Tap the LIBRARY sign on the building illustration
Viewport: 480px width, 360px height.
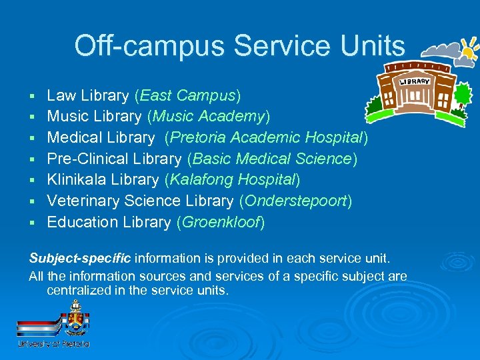(x=415, y=81)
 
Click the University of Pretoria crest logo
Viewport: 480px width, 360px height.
(x=75, y=319)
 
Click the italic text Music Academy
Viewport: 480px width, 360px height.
(x=209, y=117)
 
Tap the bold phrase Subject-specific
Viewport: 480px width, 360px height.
(x=80, y=257)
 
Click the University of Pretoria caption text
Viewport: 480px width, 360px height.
(x=53, y=343)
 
